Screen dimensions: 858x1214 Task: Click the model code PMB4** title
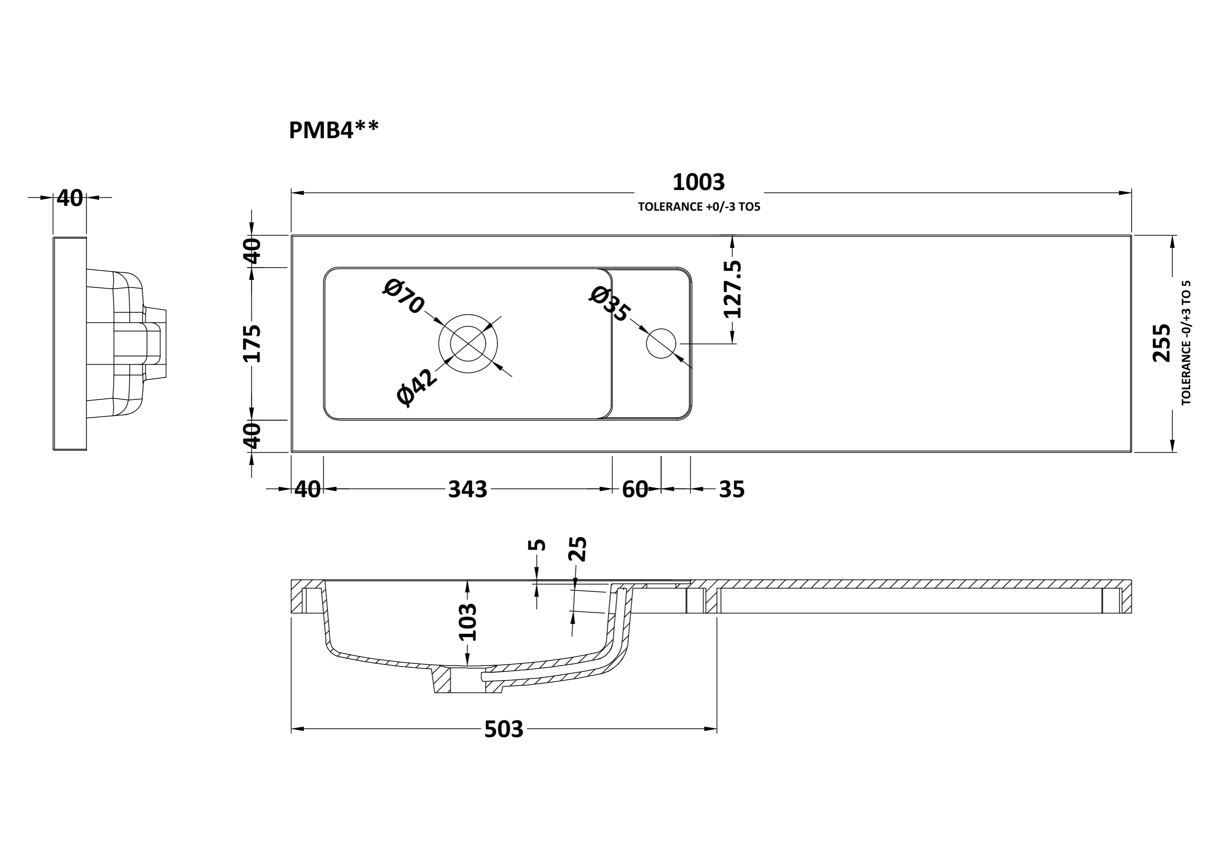[333, 130]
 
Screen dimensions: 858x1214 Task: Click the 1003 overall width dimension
[699, 182]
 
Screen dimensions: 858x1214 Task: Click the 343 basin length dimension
[467, 490]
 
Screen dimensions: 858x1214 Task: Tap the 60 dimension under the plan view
[634, 490]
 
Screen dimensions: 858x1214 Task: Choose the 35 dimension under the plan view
[732, 490]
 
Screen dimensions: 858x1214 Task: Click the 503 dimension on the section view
[503, 730]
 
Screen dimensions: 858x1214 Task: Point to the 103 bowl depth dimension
[467, 622]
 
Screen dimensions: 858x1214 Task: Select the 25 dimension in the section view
[577, 549]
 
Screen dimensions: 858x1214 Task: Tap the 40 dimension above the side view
[70, 198]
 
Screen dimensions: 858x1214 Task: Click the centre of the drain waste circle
[468, 344]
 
